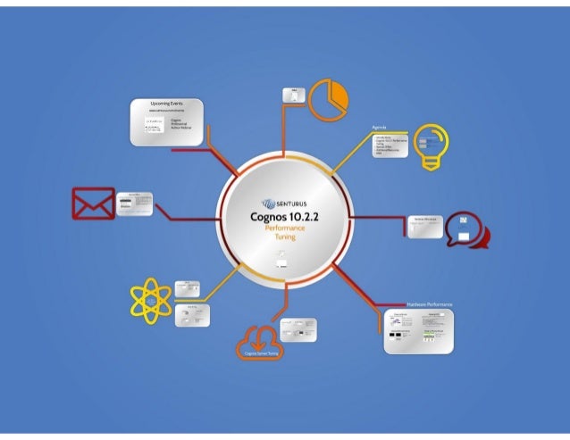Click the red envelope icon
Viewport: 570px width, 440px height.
93,203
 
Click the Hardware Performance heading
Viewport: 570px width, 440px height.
429,305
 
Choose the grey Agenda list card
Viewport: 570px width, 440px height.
390,145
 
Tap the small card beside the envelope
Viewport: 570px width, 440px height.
134,203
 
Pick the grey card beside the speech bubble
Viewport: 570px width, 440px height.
424,227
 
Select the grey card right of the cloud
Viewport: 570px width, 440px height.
298,328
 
